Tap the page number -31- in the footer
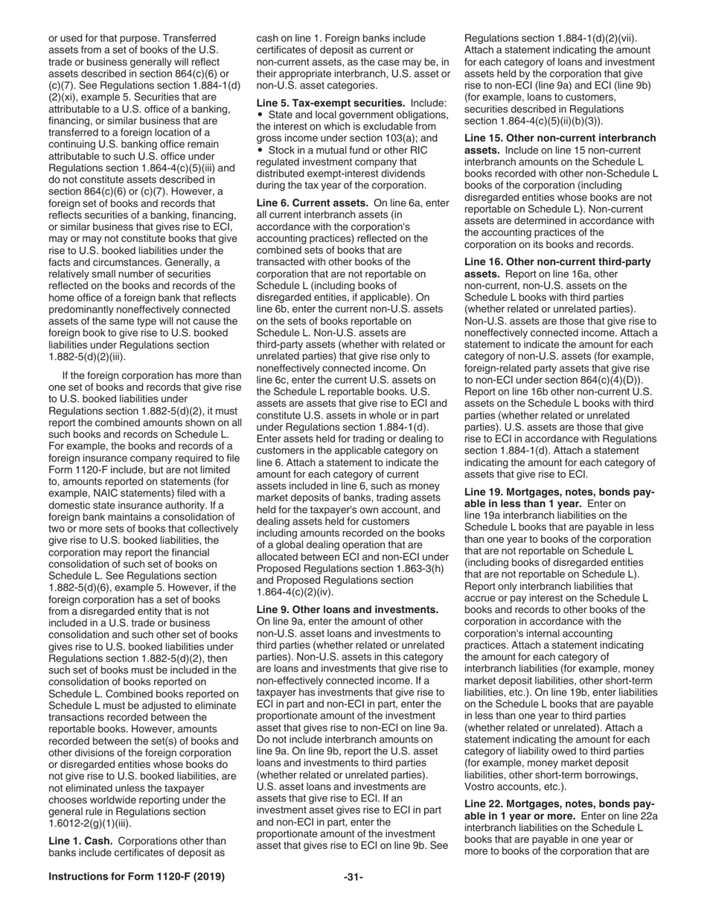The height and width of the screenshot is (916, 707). [353, 877]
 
